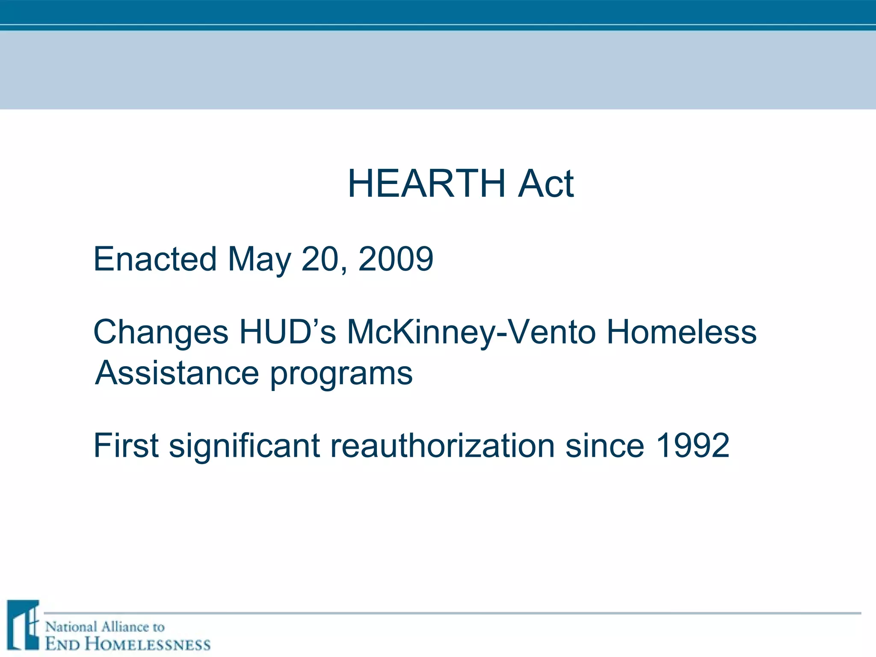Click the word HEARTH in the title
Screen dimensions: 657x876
[426, 184]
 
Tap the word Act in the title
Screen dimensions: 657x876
[545, 184]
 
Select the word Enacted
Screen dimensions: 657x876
[155, 259]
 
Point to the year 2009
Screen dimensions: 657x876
[396, 259]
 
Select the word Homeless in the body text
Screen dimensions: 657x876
[681, 332]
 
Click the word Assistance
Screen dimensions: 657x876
[177, 373]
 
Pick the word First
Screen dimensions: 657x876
[126, 446]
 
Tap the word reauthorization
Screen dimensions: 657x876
[442, 446]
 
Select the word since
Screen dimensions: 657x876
[604, 446]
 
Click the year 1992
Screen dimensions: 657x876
[692, 446]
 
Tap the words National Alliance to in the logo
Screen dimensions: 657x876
[105, 627]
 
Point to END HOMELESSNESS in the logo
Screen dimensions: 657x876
[128, 644]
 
